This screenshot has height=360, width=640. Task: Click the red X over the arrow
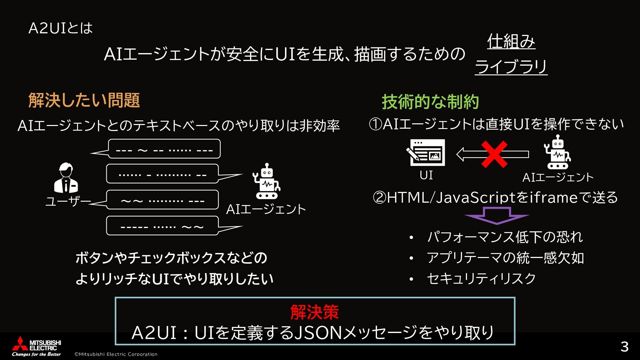pyautogui.click(x=494, y=154)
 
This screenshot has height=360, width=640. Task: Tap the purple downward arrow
pyautogui.click(x=497, y=215)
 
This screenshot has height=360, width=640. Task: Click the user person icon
pyautogui.click(x=66, y=178)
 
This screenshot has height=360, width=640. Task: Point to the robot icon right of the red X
pyautogui.click(x=557, y=152)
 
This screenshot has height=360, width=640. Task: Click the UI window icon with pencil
pyautogui.click(x=426, y=152)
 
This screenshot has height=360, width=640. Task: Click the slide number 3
pyautogui.click(x=624, y=347)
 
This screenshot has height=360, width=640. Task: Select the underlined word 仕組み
pyautogui.click(x=511, y=42)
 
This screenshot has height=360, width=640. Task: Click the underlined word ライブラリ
pyautogui.click(x=511, y=67)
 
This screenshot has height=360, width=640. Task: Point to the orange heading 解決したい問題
pyautogui.click(x=84, y=100)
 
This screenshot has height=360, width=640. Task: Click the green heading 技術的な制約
pyautogui.click(x=430, y=102)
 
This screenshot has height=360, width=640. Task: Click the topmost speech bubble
pyautogui.click(x=164, y=149)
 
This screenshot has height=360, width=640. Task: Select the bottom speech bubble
pyautogui.click(x=162, y=226)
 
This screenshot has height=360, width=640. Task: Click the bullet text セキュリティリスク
pyautogui.click(x=481, y=279)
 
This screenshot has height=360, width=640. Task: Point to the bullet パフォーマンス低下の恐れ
pyautogui.click(x=505, y=237)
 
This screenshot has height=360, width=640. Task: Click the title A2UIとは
pyautogui.click(x=60, y=28)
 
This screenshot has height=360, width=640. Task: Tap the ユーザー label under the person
pyautogui.click(x=68, y=201)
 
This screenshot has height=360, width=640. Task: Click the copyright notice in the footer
pyautogui.click(x=116, y=354)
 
